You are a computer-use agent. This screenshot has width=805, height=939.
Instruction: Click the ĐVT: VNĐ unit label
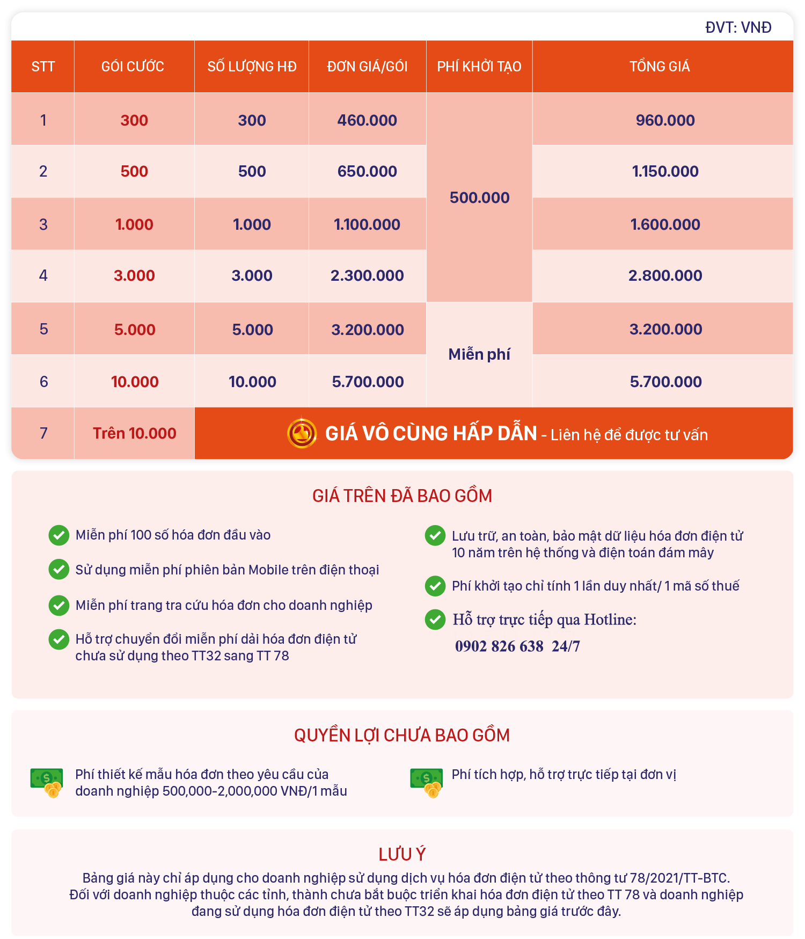[x=738, y=27]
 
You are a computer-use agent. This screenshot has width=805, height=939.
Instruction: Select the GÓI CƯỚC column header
[x=133, y=67]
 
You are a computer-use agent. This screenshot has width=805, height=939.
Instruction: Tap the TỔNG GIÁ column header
[x=660, y=67]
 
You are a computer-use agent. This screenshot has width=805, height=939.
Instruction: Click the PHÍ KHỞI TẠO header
[x=479, y=67]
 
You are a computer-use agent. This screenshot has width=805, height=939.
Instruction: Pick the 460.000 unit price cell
[x=367, y=120]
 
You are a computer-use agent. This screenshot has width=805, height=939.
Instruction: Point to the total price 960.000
[x=665, y=120]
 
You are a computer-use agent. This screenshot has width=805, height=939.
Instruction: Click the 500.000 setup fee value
[x=479, y=198]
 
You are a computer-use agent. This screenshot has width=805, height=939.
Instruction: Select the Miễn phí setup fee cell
[x=479, y=354]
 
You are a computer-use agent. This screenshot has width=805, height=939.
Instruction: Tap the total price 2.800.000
[x=665, y=275]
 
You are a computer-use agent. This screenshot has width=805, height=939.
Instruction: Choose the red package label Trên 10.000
[x=134, y=433]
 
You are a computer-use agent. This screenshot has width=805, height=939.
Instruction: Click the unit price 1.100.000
[x=367, y=224]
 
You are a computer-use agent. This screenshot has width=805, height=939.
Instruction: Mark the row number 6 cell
[x=43, y=382]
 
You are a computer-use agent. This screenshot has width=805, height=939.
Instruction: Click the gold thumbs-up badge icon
[x=302, y=433]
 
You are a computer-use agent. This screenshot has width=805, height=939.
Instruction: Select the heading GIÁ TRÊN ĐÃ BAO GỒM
[x=402, y=496]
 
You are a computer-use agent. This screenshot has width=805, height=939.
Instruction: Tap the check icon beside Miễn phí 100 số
[x=59, y=535]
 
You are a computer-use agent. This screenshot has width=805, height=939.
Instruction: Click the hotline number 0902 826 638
[x=499, y=646]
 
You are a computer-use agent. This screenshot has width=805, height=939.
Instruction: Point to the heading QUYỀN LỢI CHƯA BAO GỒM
[x=402, y=735]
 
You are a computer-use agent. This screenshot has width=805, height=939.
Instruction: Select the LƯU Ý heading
[x=402, y=854]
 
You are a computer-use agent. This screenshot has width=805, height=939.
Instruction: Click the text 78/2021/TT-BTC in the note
[x=679, y=878]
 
